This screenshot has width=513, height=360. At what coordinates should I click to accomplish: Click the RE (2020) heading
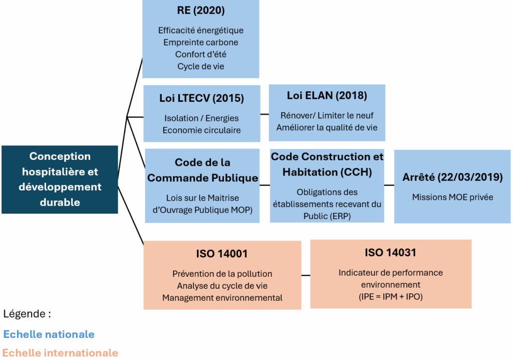[x=200, y=11]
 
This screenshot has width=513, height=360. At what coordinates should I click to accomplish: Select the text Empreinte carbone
[x=200, y=42]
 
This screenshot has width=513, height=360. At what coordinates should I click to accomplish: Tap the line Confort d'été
[x=200, y=54]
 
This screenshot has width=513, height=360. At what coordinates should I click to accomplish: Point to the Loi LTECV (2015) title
[x=201, y=98]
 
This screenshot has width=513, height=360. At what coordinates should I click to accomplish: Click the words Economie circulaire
[x=201, y=130]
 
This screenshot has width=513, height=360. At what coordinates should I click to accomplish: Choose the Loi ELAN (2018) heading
[x=327, y=95]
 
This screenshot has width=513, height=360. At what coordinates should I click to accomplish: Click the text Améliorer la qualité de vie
[x=327, y=127]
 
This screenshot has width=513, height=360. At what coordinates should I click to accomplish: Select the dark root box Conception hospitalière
[x=60, y=179]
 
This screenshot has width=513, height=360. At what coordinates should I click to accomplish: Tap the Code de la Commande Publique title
[x=202, y=170]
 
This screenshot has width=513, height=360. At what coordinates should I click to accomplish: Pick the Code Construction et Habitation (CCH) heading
[x=327, y=164]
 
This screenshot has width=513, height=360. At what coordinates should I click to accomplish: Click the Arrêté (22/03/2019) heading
[x=452, y=177]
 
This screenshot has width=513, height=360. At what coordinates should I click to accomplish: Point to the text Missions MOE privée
[x=452, y=197]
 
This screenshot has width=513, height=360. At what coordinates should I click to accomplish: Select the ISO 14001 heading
[x=222, y=254]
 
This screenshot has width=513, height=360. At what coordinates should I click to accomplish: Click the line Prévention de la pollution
[x=222, y=274]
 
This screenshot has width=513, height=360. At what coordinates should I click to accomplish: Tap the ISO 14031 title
[x=390, y=253]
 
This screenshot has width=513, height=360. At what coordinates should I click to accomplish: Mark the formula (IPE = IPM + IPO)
[x=390, y=296]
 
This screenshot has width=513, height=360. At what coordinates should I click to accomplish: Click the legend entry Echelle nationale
[x=49, y=334]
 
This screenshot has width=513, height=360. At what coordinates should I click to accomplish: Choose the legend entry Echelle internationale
[x=60, y=353]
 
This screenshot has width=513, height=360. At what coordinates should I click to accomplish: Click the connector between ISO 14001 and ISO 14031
[x=306, y=275]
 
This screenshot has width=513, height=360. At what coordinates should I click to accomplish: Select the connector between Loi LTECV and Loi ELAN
[x=265, y=114]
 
